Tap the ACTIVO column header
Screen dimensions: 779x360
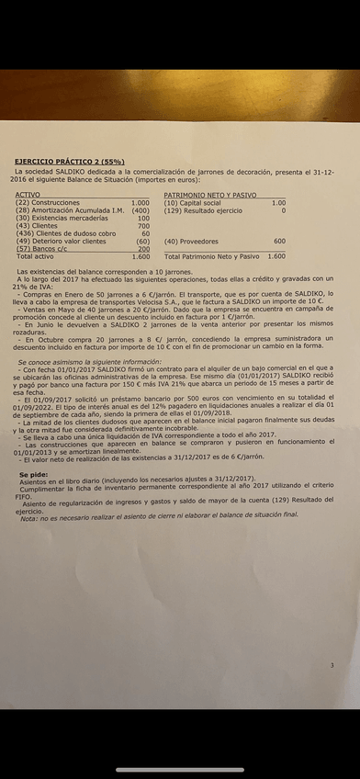28,195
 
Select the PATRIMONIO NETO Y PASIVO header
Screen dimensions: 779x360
210,195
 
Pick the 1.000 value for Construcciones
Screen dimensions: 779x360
140,202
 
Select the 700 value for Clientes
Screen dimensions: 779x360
143,225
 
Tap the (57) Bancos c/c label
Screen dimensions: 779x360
42,249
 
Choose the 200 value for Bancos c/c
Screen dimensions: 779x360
143,249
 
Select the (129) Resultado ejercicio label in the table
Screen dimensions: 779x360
203,210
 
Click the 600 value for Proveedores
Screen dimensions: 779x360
279,241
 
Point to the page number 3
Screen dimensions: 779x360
332,665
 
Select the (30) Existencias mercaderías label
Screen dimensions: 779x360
55,218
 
